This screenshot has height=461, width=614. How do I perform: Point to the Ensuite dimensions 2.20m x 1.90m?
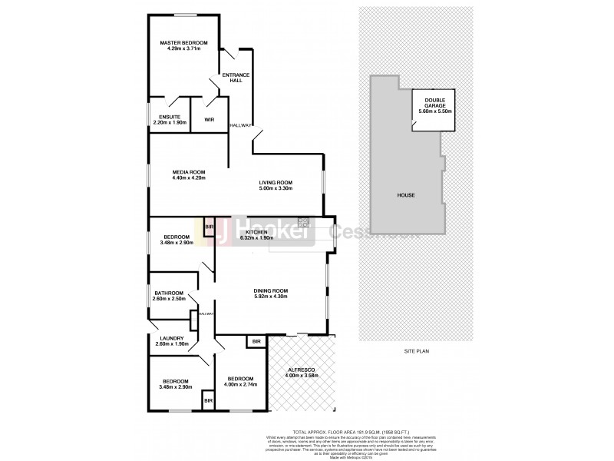pyautogui.click(x=170, y=122)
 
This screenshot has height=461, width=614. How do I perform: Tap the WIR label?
pyautogui.click(x=209, y=120)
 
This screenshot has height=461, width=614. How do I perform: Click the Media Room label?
pyautogui.click(x=188, y=171)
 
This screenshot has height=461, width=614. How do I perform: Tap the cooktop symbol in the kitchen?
pyautogui.click(x=304, y=223)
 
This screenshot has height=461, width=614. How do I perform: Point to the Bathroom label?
pyautogui.click(x=169, y=293)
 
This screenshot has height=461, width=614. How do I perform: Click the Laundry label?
pyautogui.click(x=170, y=338)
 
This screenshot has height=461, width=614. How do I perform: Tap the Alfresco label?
pyautogui.click(x=301, y=370)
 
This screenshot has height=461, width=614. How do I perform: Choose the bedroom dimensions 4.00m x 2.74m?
pyautogui.click(x=240, y=384)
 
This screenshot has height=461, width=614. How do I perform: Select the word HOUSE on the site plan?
pyautogui.click(x=406, y=195)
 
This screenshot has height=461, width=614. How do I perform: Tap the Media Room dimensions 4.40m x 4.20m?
pyautogui.click(x=188, y=178)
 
